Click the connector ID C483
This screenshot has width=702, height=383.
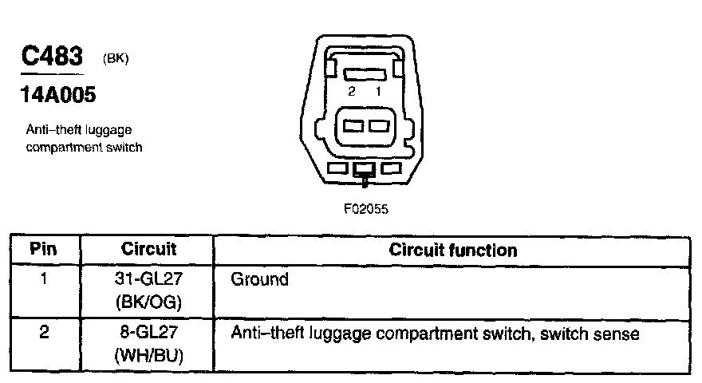pyautogui.click(x=53, y=57)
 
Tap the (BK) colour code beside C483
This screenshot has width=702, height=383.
pyautogui.click(x=116, y=59)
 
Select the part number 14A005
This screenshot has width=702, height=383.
pyautogui.click(x=58, y=95)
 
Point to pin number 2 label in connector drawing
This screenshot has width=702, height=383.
pyautogui.click(x=351, y=91)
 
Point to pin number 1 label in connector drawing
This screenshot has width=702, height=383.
pyautogui.click(x=378, y=91)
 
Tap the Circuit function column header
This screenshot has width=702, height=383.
pyautogui.click(x=452, y=250)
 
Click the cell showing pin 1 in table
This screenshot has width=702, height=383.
pyautogui.click(x=43, y=280)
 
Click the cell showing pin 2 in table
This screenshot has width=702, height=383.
pyautogui.click(x=43, y=333)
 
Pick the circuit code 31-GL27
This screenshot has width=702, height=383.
pyautogui.click(x=148, y=280)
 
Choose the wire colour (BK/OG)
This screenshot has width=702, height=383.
pyautogui.click(x=148, y=302)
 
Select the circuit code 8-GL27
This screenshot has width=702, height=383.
pyautogui.click(x=148, y=333)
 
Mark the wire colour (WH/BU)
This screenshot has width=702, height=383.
pyautogui.click(x=148, y=355)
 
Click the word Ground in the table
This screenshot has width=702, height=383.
pyautogui.click(x=259, y=280)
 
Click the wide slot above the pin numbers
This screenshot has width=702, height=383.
pyautogui.click(x=365, y=73)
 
